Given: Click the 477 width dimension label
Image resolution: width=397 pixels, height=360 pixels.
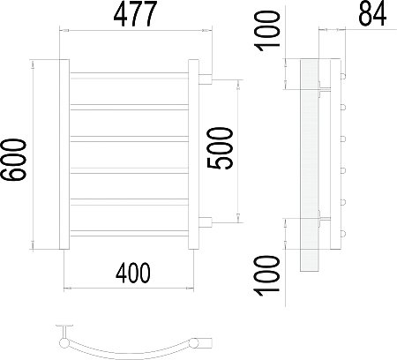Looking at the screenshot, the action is pyautogui.click(x=135, y=14).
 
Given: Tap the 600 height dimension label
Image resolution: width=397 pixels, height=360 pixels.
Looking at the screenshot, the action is pyautogui.click(x=13, y=160).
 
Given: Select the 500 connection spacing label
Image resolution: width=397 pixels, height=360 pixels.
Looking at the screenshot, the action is pyautogui.click(x=220, y=148).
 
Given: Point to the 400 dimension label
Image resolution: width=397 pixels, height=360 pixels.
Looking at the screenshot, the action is pyautogui.click(x=133, y=273).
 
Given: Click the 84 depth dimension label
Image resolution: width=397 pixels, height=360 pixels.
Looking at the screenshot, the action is pyautogui.click(x=372, y=14).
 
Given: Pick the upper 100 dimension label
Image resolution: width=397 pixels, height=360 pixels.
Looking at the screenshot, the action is pyautogui.click(x=267, y=31).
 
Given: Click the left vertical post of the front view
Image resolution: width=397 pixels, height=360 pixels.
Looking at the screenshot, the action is pyautogui.click(x=64, y=154).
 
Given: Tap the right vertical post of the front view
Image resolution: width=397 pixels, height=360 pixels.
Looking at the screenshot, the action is pyautogui.click(x=193, y=154).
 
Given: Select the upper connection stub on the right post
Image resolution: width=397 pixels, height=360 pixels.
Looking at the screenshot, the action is pyautogui.click(x=206, y=79).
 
